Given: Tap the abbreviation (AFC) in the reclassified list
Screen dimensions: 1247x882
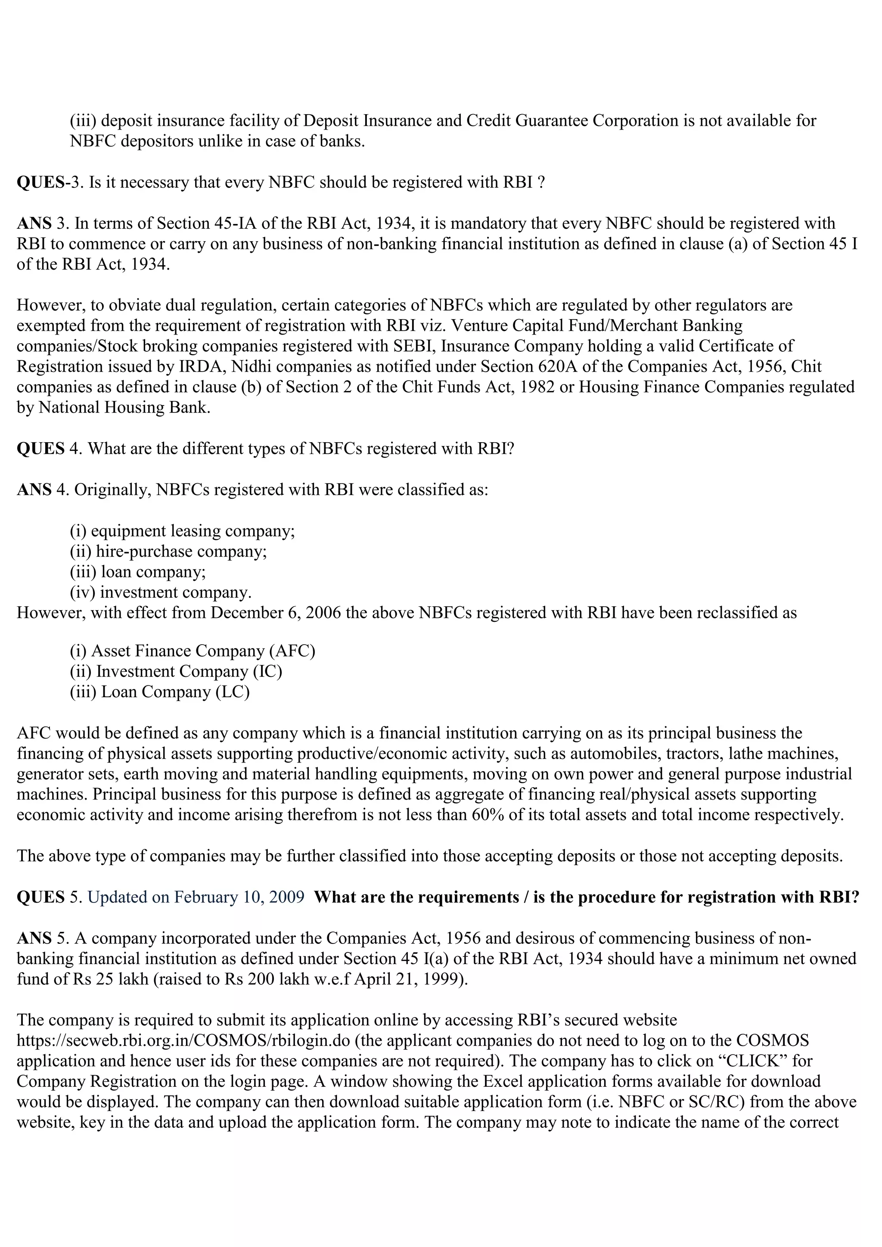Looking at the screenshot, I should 292,651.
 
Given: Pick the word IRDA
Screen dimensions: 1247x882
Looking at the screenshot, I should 202,366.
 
